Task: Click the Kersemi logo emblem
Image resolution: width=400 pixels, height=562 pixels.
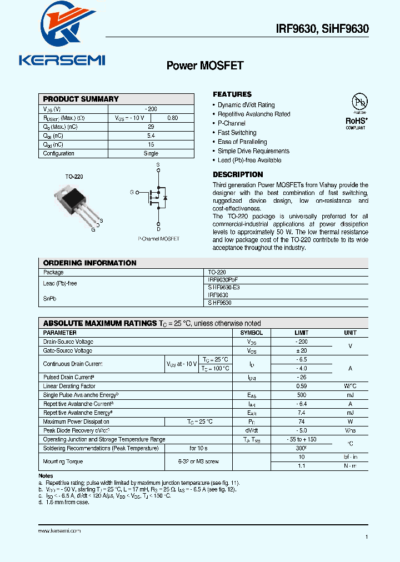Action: [x=62, y=28]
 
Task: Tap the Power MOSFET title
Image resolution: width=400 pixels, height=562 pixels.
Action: [x=205, y=66]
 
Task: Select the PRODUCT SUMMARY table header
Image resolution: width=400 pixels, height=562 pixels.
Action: [x=81, y=99]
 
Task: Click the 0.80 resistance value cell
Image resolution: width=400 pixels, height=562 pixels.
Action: [x=173, y=118]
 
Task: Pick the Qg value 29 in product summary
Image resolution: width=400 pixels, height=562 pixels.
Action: [x=151, y=127]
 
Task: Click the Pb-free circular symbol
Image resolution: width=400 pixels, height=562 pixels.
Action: [x=359, y=102]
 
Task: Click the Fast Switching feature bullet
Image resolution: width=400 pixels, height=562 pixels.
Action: [x=237, y=133]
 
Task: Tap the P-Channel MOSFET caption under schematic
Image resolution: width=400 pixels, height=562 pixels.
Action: [x=158, y=238]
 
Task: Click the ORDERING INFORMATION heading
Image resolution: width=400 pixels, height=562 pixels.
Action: [x=89, y=263]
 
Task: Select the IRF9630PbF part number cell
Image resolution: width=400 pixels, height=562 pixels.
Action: [x=222, y=280]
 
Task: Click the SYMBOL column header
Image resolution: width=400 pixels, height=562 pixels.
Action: [x=252, y=333]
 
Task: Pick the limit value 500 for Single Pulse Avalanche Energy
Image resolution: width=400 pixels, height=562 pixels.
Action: [x=302, y=395]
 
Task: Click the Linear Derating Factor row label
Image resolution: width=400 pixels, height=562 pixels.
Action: [x=69, y=386]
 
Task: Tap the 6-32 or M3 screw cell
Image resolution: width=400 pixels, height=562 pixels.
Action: [x=198, y=461]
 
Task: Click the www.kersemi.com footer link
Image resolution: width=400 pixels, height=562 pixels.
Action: [x=59, y=531]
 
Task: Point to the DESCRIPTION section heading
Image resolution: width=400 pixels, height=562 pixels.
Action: [x=238, y=174]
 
